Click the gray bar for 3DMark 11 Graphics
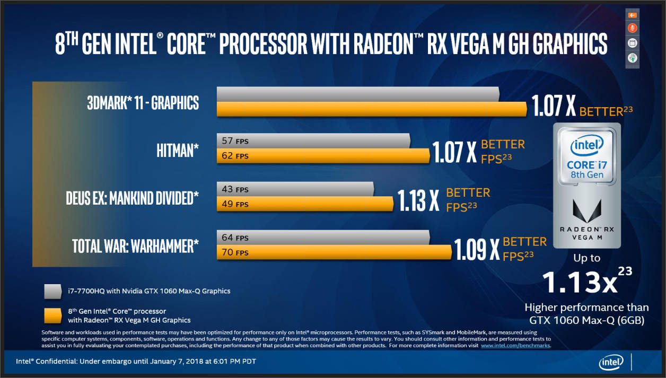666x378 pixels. (358, 94)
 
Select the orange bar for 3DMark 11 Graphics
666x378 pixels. (371, 109)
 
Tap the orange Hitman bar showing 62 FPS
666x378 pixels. (323, 156)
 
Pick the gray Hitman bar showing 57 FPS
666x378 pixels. (313, 141)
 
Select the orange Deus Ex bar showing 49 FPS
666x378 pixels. (305, 204)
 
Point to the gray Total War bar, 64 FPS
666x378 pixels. (323, 238)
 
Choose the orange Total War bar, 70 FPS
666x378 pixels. (334, 252)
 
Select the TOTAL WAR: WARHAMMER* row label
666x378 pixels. (136, 246)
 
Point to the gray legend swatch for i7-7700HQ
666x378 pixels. (54, 291)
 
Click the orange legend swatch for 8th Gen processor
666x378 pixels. (54, 315)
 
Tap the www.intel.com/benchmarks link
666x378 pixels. (515, 346)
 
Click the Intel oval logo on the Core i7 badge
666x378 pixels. (587, 145)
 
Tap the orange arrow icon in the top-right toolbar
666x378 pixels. (632, 15)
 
